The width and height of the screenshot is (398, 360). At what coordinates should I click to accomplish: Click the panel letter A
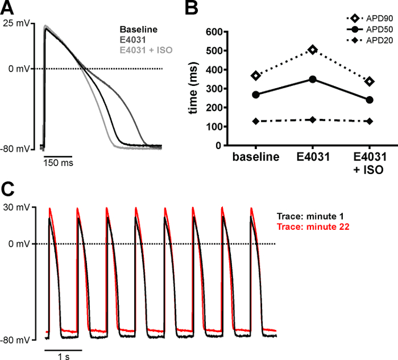[x=8, y=9]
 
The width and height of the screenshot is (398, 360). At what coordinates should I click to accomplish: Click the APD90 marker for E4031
[x=312, y=50]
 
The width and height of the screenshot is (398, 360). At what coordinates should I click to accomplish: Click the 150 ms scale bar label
[x=59, y=162]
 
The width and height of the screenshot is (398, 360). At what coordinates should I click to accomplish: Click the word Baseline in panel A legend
[x=139, y=30]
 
